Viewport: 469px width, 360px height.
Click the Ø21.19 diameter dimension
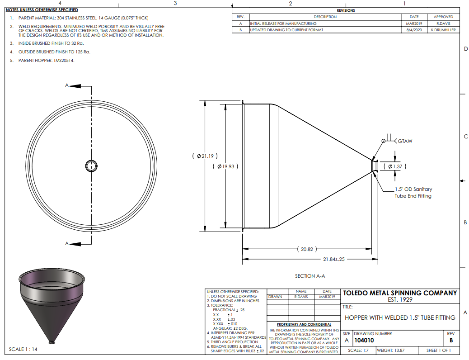pyautogui.click(x=205, y=156)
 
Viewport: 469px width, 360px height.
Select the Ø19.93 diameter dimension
pyautogui.click(x=225, y=166)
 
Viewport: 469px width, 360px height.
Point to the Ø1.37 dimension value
pyautogui.click(x=395, y=166)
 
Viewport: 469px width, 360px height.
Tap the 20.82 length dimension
pyautogui.click(x=307, y=249)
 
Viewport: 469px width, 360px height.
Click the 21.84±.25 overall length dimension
pyautogui.click(x=334, y=259)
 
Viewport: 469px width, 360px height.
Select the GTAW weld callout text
pyautogui.click(x=405, y=141)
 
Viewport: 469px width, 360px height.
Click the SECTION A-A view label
pyautogui.click(x=310, y=276)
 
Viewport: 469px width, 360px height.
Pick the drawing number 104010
pyautogui.click(x=364, y=340)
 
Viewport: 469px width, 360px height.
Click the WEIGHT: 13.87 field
pyautogui.click(x=391, y=350)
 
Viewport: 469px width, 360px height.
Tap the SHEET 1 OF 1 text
pyautogui.click(x=438, y=350)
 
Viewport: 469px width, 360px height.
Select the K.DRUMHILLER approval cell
pyautogui.click(x=444, y=30)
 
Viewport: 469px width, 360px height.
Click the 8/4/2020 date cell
pyautogui.click(x=414, y=30)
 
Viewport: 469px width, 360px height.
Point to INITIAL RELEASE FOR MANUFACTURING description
pyautogui.click(x=283, y=24)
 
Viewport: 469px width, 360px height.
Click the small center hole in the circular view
pyautogui.click(x=91, y=166)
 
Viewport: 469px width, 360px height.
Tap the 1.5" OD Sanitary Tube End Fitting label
pyautogui.click(x=413, y=193)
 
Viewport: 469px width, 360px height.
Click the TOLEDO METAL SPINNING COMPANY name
pyautogui.click(x=400, y=293)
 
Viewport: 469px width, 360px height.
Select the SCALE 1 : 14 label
pyautogui.click(x=23, y=349)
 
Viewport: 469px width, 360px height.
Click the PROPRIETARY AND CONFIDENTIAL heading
pyautogui.click(x=304, y=324)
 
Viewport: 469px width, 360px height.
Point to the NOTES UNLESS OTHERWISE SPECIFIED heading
pyautogui.click(x=42, y=10)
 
